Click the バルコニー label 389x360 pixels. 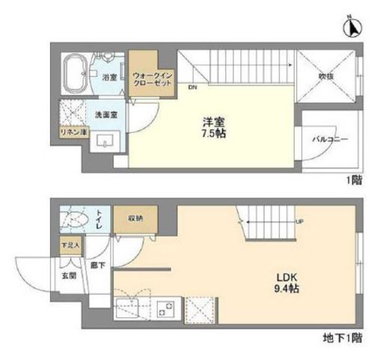coord(330,139)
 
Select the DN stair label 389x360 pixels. coord(193,88)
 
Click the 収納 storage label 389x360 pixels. coord(135,219)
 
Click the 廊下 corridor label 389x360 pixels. coord(97,266)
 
